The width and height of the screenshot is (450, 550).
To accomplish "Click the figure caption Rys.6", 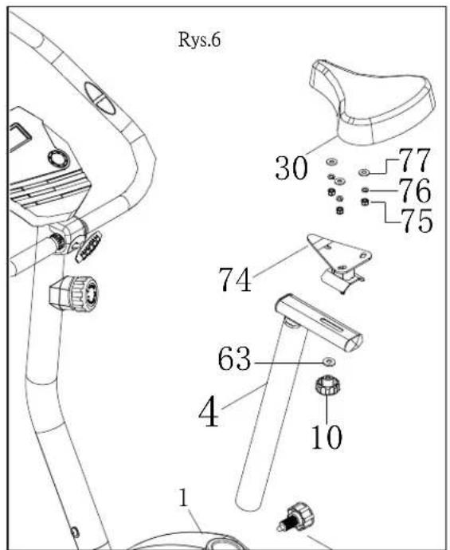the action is coord(199,40).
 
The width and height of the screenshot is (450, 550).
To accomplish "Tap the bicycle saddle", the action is coord(372,102).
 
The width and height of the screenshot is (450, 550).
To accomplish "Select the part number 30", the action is coord(292,168).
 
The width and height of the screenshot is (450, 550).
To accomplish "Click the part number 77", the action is coord(414,159).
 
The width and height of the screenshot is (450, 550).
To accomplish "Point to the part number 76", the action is coord(414,191).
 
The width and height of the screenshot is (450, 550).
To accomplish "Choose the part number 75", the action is coord(417,221).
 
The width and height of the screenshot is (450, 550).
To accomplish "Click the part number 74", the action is coord(234,280).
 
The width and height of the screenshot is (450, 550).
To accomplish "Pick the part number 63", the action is coord(234,359).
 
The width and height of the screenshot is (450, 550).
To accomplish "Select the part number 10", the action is coord(327,437).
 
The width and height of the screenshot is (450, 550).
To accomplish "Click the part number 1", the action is coord(184,497).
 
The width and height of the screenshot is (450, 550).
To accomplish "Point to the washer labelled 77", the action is coord(364,172).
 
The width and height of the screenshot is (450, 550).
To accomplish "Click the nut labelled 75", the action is coord(365,202).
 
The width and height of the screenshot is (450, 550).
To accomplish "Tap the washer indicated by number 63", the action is coord(329,361).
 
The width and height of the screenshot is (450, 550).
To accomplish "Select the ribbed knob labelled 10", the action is coord(327,385).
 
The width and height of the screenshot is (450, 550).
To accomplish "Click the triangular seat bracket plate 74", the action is coord(338,252).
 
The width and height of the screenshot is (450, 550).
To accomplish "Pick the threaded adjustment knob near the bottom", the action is coord(296,517).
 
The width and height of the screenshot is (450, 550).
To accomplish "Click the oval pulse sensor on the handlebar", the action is coord(100,98).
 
